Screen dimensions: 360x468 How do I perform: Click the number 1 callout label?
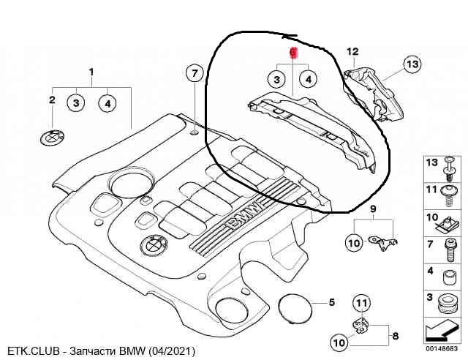(91, 72)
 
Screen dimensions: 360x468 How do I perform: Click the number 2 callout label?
(52, 99)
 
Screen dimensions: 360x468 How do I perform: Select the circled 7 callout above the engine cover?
(194, 73)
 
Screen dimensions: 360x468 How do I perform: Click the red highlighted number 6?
(292, 53)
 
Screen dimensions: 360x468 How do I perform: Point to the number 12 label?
(352, 51)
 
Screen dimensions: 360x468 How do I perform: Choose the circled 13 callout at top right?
(412, 65)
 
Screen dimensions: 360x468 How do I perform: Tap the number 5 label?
(331, 301)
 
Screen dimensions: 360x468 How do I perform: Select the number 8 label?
(395, 337)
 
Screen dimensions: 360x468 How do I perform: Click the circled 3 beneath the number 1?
(76, 102)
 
